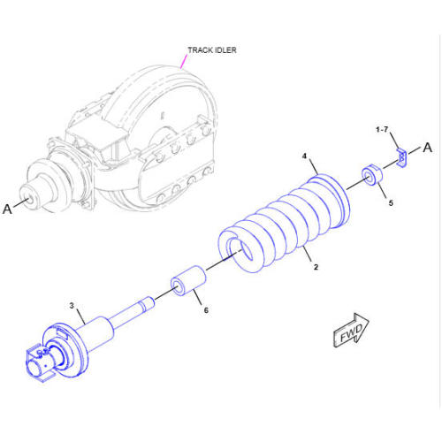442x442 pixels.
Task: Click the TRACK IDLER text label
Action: coord(212,50)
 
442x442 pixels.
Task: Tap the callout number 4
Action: coord(305,156)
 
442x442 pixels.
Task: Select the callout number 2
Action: coord(316,267)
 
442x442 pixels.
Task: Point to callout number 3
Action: coord(72,306)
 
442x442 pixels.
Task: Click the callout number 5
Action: coord(391,202)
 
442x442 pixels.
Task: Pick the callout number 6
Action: coord(206,310)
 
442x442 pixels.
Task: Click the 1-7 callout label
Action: coord(382,130)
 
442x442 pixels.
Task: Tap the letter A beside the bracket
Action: coord(428,148)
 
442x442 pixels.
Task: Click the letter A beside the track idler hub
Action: coord(7,209)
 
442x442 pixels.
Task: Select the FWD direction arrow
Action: coord(351,330)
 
